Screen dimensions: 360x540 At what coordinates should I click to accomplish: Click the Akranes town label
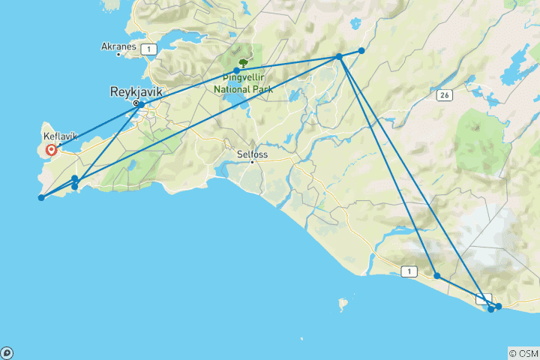coord(118,46)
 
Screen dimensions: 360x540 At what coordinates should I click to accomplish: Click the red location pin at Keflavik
coord(51,150)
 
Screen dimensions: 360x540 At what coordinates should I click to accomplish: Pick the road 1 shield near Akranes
coord(151,49)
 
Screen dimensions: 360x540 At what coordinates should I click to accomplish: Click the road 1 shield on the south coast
coord(408,271)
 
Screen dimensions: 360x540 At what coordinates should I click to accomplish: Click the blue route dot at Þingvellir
coord(237,70)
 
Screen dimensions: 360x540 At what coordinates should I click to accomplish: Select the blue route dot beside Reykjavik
coord(141,105)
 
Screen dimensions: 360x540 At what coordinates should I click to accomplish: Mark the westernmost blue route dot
coord(41,198)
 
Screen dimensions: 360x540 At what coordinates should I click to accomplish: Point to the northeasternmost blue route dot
coord(361,50)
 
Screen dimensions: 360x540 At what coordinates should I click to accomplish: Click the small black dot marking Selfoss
coord(253,161)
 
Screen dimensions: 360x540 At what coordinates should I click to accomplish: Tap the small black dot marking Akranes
coord(118,55)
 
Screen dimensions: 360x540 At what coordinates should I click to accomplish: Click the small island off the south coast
coord(343,305)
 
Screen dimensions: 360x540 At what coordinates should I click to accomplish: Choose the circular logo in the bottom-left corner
coord(7,352)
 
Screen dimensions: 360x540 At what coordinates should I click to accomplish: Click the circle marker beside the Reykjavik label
coord(136,103)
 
